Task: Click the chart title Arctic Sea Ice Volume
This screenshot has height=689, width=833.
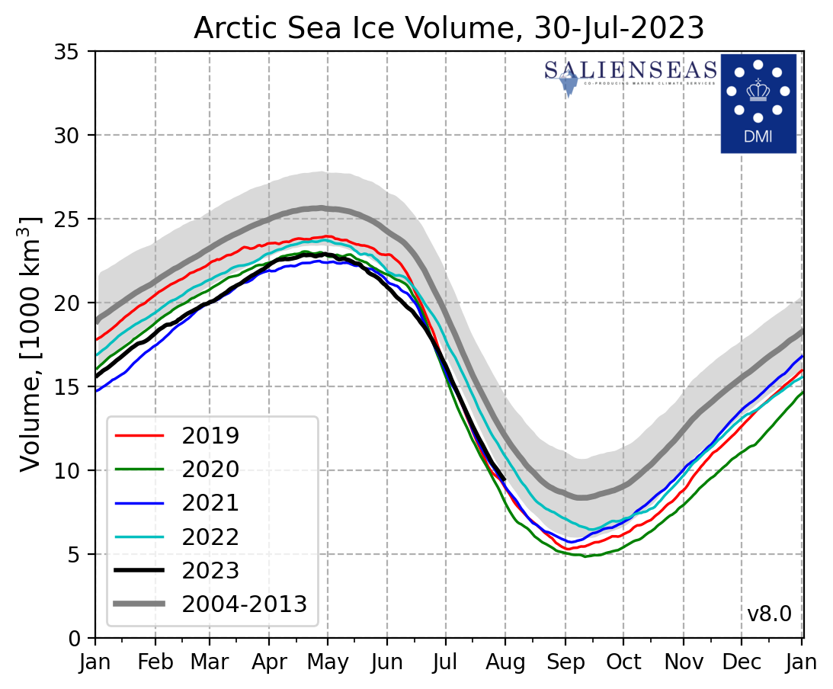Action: pos(449,27)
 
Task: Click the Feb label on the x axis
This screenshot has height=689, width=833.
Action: pos(155,662)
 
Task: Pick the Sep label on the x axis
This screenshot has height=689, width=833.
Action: pos(565,662)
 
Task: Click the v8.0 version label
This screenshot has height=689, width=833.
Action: pos(769,614)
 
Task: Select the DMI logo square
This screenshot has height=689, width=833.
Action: pos(758,103)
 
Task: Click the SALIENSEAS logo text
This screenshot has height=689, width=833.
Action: pos(630,71)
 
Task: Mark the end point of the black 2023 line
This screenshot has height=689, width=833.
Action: pos(505,479)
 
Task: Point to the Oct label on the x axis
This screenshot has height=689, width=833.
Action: pos(623,662)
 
